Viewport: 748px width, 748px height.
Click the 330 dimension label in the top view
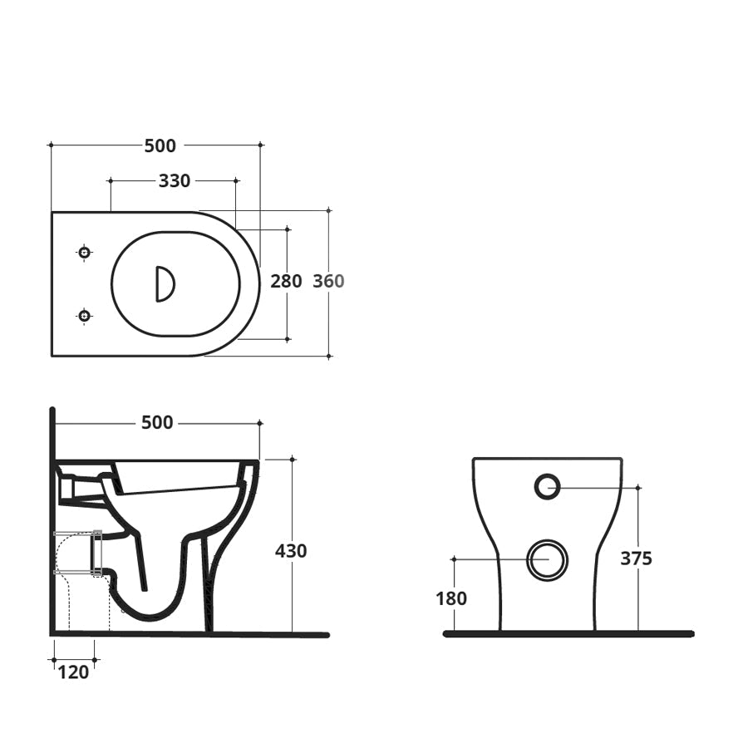click(x=175, y=180)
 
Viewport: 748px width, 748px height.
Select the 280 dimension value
click(x=286, y=281)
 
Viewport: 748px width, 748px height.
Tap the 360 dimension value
click(x=328, y=281)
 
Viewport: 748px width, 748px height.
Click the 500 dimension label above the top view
click(x=160, y=145)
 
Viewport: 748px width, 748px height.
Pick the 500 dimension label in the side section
click(x=157, y=423)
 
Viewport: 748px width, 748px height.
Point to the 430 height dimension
click(x=291, y=551)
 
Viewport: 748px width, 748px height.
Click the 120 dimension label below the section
click(x=73, y=672)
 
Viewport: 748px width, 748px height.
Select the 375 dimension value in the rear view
click(x=636, y=559)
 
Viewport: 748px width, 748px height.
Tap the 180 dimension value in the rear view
click(x=451, y=598)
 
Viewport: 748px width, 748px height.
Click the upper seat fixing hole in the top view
click(x=84, y=252)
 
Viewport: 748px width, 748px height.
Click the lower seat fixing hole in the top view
click(x=84, y=315)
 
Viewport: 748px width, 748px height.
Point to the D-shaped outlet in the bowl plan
click(x=165, y=283)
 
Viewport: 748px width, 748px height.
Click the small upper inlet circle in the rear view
click(x=547, y=486)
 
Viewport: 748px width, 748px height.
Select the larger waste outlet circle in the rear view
click(x=548, y=559)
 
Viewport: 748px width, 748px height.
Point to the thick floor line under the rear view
click(x=568, y=634)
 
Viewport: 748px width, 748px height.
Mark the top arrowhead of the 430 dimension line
click(x=292, y=459)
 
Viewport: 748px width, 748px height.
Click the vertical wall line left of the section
click(x=52, y=515)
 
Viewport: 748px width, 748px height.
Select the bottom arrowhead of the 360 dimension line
click(x=329, y=356)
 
